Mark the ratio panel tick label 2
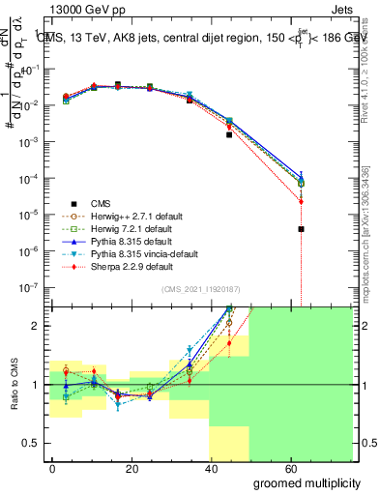[33, 326]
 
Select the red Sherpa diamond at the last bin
[302, 201]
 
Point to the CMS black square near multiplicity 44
[229, 134]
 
